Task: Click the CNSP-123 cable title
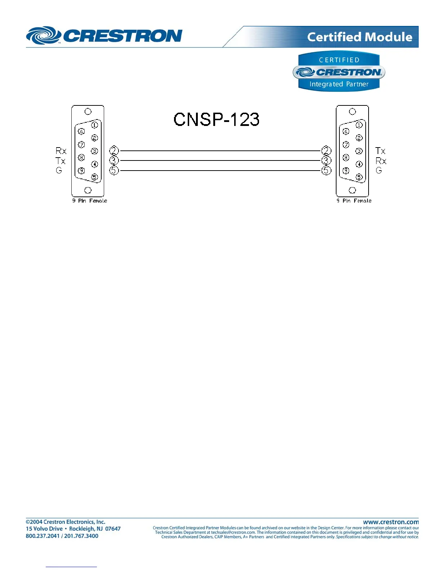(x=216, y=119)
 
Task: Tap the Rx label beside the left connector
(x=61, y=151)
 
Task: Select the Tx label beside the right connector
(x=380, y=151)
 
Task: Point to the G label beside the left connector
(x=59, y=170)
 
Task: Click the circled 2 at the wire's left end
(x=114, y=150)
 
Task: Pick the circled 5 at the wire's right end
(x=326, y=170)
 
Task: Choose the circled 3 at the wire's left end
(x=114, y=160)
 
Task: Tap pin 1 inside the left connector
(x=94, y=125)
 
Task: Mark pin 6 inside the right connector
(x=346, y=132)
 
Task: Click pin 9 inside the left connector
(x=81, y=171)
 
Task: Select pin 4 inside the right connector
(x=359, y=164)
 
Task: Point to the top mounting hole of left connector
(x=88, y=112)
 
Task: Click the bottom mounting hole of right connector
(x=352, y=190)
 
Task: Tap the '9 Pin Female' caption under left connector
(x=89, y=201)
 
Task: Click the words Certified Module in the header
(x=359, y=37)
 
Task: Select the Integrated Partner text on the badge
(x=339, y=84)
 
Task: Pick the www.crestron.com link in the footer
(x=391, y=522)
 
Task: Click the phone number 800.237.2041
(x=42, y=536)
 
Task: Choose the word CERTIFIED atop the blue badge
(x=339, y=60)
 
